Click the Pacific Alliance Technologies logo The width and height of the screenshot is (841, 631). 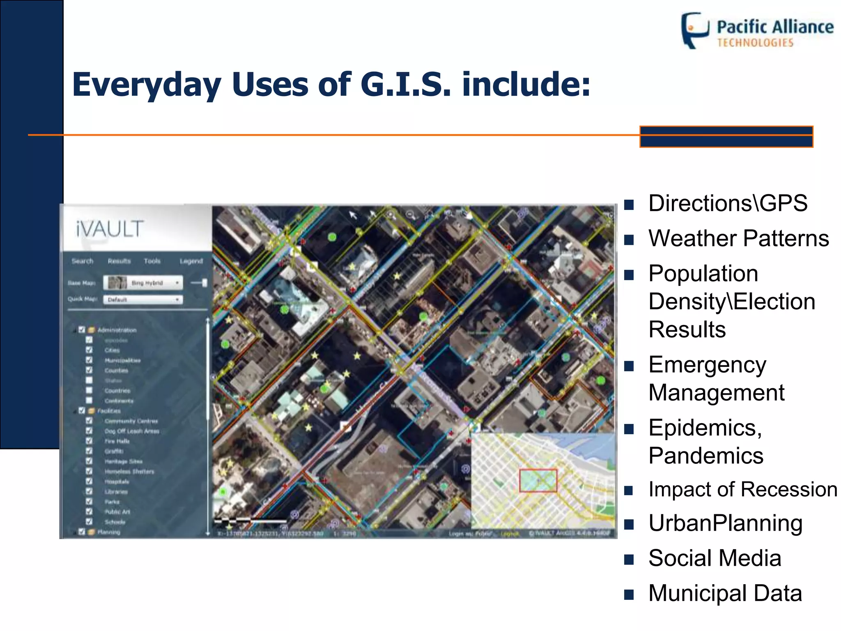click(757, 31)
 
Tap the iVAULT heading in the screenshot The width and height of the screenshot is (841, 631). click(110, 229)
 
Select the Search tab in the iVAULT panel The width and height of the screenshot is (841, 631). click(82, 261)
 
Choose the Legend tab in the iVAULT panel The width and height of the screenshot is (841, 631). click(191, 261)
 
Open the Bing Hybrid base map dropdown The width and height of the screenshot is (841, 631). click(143, 283)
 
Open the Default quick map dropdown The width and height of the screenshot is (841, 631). click(143, 299)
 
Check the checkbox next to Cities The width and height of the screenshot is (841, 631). click(89, 350)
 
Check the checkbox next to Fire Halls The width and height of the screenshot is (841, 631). click(89, 441)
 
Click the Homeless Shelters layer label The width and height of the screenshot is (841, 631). click(129, 472)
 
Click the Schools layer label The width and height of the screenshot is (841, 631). click(115, 522)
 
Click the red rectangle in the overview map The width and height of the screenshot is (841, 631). click(538, 480)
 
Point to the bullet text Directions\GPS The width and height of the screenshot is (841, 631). click(728, 203)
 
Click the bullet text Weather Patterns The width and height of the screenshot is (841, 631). click(738, 238)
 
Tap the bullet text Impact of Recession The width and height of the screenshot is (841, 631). click(742, 489)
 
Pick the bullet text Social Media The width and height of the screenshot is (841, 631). click(715, 558)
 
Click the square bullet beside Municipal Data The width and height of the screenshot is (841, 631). click(629, 594)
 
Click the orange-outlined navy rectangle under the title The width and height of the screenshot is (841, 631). click(726, 137)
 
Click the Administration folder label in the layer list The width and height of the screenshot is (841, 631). click(117, 330)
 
